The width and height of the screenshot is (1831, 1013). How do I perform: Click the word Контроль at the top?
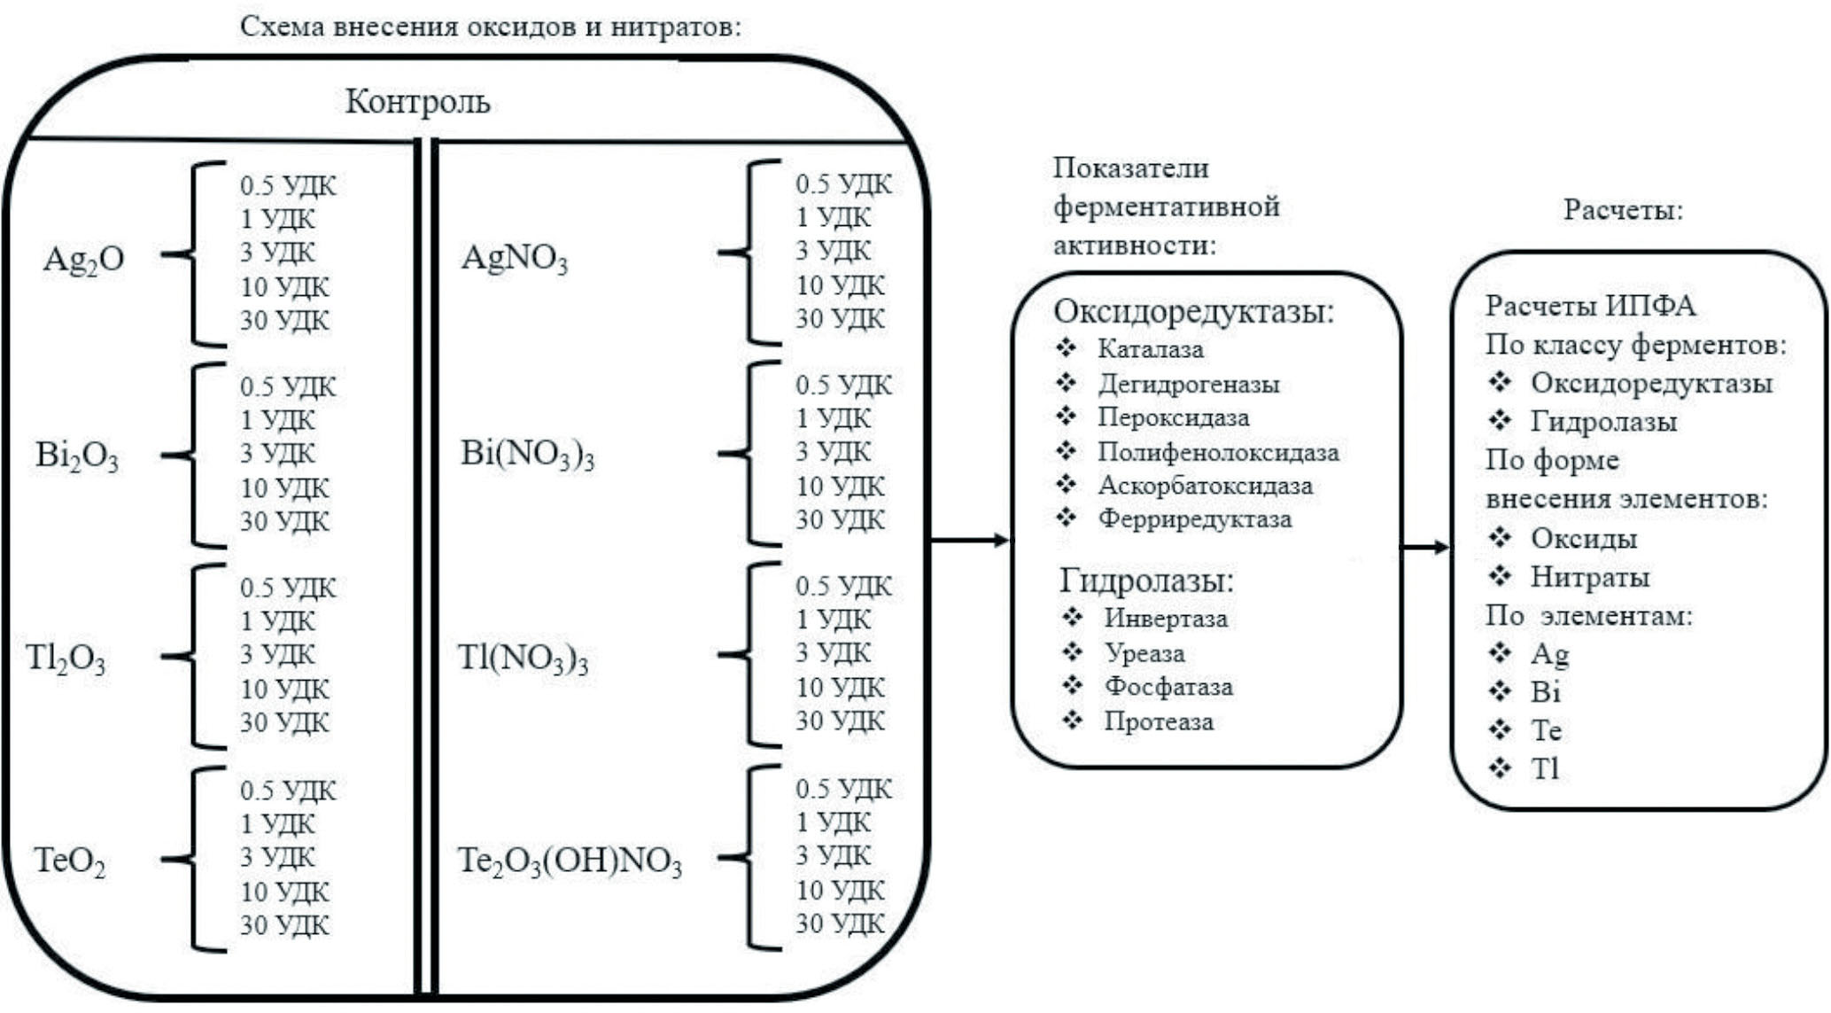417,102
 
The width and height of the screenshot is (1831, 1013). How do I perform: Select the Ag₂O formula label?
83,259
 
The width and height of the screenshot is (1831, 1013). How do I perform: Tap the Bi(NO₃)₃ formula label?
527,455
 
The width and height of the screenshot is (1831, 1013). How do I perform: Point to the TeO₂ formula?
70,861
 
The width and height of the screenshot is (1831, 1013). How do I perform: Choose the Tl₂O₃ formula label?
66,658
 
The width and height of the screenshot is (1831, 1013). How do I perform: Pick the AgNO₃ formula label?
514,259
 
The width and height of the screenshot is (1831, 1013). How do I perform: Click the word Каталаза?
1151,349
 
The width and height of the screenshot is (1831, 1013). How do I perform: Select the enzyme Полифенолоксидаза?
1218,452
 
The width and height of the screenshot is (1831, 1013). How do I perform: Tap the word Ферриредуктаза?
1195,519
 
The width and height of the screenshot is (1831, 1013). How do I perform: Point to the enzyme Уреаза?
1144,653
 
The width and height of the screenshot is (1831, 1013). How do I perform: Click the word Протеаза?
1159,721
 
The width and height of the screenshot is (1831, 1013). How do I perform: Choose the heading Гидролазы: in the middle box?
1146,581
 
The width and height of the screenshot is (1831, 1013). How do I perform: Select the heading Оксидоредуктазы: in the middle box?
1193,312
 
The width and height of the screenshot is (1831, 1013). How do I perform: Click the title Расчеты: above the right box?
1623,210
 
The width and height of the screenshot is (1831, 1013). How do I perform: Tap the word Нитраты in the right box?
1590,578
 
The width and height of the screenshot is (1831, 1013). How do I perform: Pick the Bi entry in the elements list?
1545,692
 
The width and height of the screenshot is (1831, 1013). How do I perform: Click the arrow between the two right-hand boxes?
1425,548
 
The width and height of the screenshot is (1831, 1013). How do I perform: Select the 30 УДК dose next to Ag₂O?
284,320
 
